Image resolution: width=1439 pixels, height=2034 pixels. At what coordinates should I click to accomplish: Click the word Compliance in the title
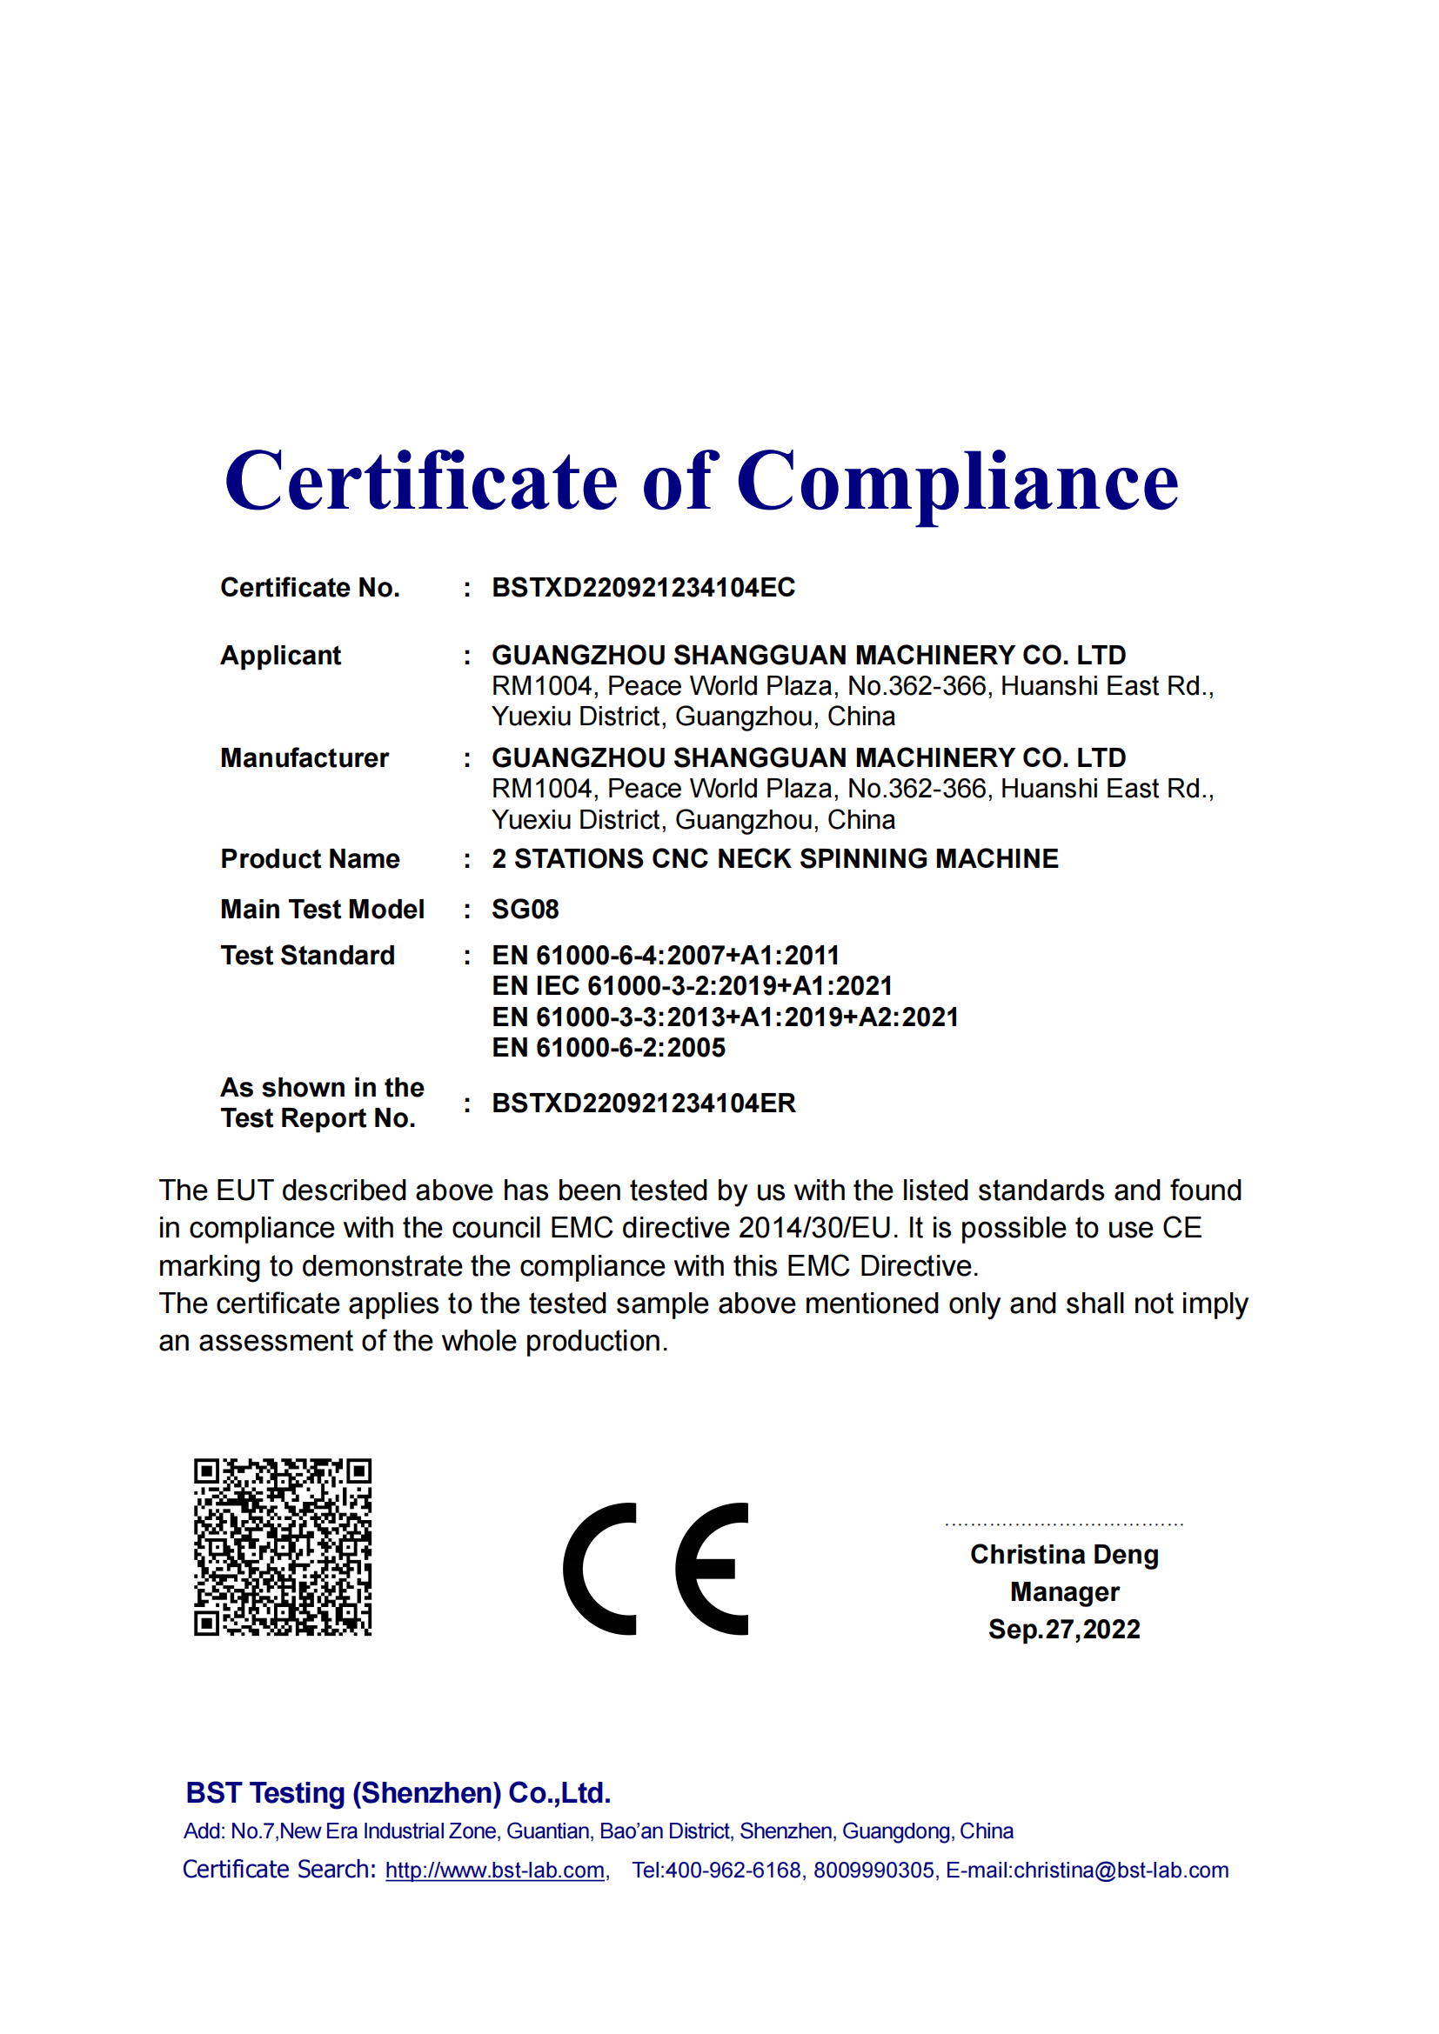point(957,483)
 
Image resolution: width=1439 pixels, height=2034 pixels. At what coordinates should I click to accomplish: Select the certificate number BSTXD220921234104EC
point(643,587)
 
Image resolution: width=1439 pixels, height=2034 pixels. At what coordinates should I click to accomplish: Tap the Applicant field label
point(280,655)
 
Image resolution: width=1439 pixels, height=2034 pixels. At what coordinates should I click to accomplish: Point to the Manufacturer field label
point(304,757)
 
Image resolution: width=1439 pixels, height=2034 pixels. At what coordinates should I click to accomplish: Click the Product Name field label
point(309,858)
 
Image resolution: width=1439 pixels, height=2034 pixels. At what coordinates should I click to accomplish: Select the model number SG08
point(525,909)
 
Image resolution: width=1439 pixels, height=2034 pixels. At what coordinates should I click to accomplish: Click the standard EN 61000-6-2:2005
point(608,1047)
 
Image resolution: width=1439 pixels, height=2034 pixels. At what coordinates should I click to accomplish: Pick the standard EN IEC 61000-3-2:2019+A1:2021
point(691,985)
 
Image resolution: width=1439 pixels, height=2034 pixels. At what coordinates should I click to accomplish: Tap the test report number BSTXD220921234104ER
point(643,1103)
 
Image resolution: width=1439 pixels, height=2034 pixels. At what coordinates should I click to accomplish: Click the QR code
point(283,1547)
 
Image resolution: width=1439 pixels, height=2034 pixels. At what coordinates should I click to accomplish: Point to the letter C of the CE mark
point(600,1569)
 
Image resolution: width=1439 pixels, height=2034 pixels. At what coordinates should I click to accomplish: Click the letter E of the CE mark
point(713,1569)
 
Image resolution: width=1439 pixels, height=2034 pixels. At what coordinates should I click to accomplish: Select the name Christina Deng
point(1063,1554)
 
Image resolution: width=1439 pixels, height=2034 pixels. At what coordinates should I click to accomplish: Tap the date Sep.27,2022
point(1063,1629)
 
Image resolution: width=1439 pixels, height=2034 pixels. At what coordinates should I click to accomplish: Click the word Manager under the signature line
point(1064,1592)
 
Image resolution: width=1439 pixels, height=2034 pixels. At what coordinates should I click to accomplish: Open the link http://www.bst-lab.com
point(494,1871)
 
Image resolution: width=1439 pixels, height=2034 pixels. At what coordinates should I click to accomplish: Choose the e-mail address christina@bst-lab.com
point(1120,1871)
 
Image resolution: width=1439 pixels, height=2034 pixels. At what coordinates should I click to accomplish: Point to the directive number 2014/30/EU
point(814,1228)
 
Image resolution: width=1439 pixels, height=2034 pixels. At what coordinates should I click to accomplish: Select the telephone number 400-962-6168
point(733,1871)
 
